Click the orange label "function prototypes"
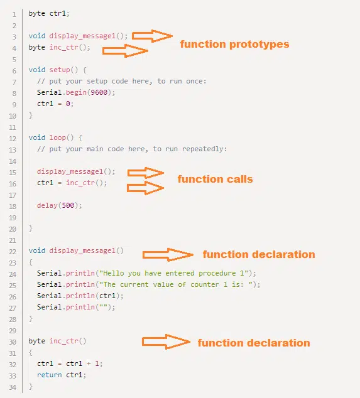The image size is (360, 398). click(234, 45)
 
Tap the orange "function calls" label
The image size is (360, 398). click(215, 179)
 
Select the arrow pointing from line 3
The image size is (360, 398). click(152, 36)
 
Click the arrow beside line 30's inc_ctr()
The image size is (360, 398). click(166, 342)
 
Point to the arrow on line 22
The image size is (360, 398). click(168, 255)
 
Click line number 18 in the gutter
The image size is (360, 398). click(13, 207)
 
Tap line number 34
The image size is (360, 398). click(13, 387)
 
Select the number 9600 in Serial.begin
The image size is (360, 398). click(99, 92)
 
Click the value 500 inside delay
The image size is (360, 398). click(68, 205)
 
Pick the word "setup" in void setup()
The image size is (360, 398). click(60, 70)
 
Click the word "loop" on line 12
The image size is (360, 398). click(58, 138)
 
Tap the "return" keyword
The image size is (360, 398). click(49, 375)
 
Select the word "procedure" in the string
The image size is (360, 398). click(217, 273)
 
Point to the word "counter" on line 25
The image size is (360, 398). click(205, 284)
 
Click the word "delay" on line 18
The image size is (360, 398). click(47, 205)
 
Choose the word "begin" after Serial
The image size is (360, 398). click(76, 93)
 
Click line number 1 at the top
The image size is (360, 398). click(14, 14)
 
